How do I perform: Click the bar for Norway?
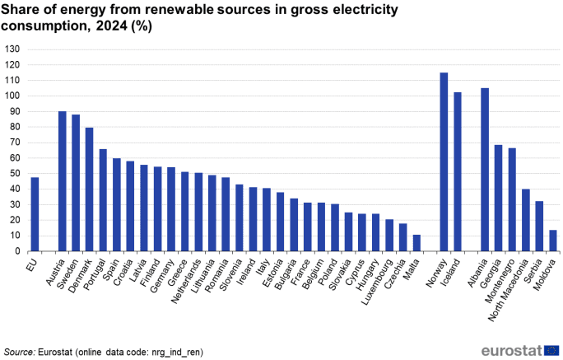point(444,161)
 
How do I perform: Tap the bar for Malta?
point(416,243)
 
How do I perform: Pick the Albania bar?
point(485,169)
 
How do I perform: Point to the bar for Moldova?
point(553,241)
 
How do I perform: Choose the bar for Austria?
point(62,180)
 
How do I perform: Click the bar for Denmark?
point(89,189)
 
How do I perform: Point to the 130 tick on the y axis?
point(13,49)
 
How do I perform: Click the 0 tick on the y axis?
point(17,251)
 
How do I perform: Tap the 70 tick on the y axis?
point(15,143)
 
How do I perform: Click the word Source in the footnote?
point(19,352)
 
